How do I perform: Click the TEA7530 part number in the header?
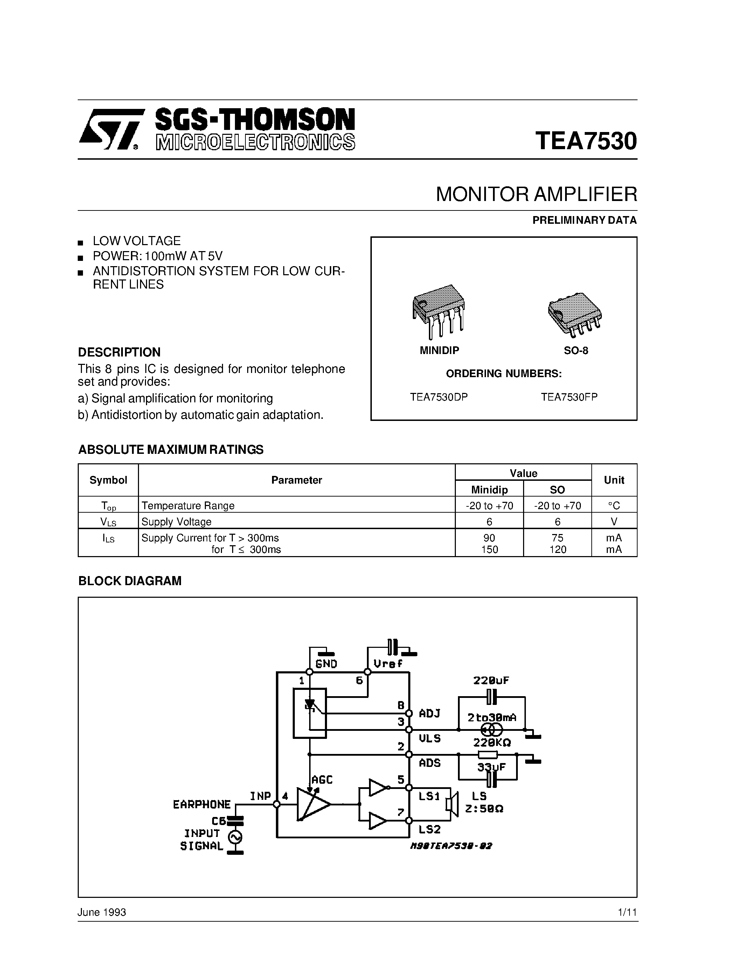586,141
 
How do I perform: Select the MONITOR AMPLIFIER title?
536,194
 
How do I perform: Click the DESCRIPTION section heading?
119,352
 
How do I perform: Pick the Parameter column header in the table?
296,480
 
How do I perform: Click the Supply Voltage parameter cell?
176,522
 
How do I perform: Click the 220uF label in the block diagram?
491,680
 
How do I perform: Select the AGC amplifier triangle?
313,804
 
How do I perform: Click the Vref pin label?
388,664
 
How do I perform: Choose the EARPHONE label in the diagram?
202,805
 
